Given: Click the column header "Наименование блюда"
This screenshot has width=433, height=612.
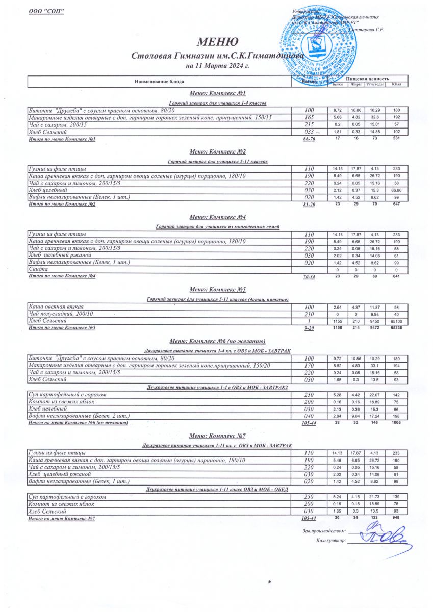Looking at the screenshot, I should click(x=159, y=81).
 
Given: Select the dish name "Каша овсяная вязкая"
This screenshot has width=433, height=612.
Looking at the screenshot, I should click(x=57, y=307).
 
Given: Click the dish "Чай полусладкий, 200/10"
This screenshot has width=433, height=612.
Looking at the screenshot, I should click(x=61, y=314).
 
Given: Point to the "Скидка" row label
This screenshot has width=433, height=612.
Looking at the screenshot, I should click(x=39, y=269).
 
